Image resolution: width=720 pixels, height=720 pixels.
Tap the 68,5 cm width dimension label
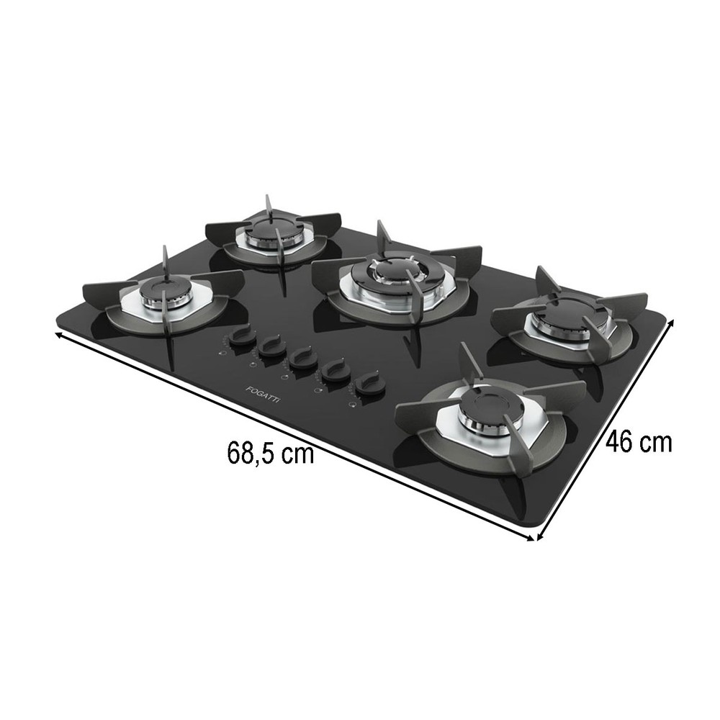tap(271, 453)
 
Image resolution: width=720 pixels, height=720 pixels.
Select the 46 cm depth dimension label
tap(639, 442)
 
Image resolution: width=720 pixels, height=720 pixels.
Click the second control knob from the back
tap(271, 348)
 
